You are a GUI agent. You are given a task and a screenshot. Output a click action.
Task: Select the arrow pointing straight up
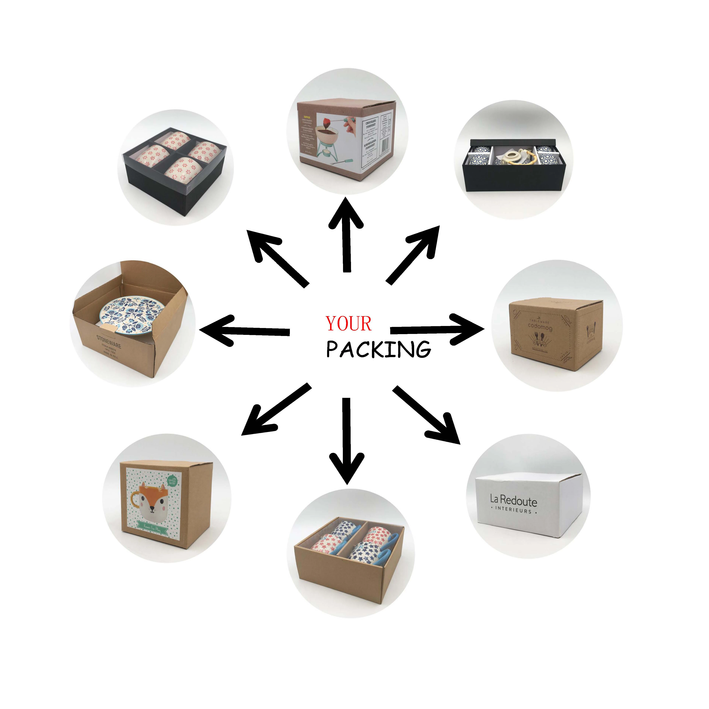click(346, 235)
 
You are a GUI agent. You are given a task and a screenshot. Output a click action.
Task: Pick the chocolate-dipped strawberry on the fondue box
click(325, 122)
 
